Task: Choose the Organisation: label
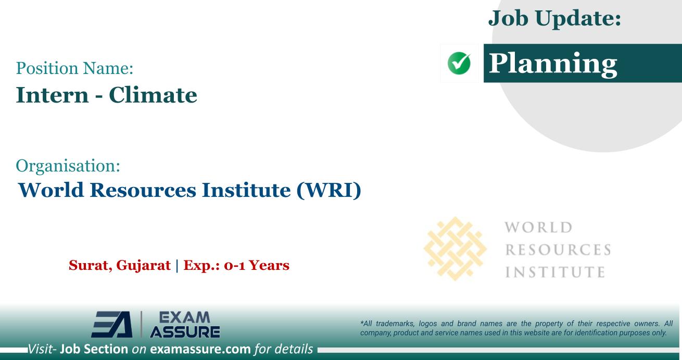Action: click(68, 168)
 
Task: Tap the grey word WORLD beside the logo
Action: click(539, 229)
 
